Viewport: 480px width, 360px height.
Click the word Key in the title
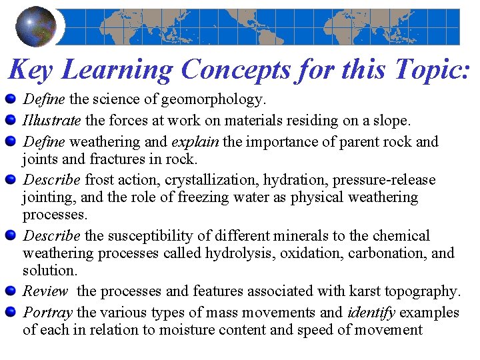(x=33, y=69)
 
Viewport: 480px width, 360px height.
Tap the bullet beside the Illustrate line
(x=10, y=121)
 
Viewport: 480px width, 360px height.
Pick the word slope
(x=392, y=121)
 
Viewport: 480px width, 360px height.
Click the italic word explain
(x=196, y=142)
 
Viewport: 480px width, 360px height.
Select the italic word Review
(x=45, y=291)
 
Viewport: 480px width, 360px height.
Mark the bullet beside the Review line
(x=10, y=291)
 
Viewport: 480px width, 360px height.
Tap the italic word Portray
(x=48, y=313)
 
